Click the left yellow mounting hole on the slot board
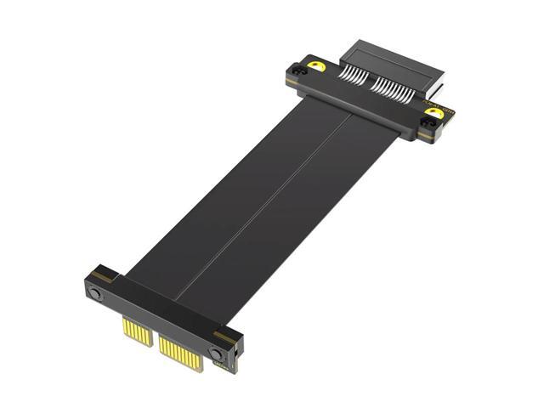tap(317, 66)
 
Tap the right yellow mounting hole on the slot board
tap(433, 113)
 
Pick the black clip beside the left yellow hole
tap(297, 73)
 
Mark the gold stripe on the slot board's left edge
tap(292, 82)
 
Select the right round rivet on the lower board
tap(218, 352)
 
